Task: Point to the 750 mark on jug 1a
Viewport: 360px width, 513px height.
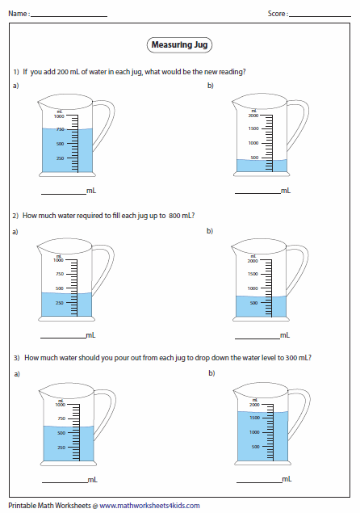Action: pyautogui.click(x=59, y=129)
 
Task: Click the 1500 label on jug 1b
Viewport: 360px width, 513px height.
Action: pyautogui.click(x=253, y=128)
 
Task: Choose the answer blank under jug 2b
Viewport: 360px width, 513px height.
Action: pyautogui.click(x=257, y=337)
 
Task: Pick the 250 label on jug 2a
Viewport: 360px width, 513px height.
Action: pyautogui.click(x=59, y=302)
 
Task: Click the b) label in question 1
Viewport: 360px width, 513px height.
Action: pyautogui.click(x=211, y=86)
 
